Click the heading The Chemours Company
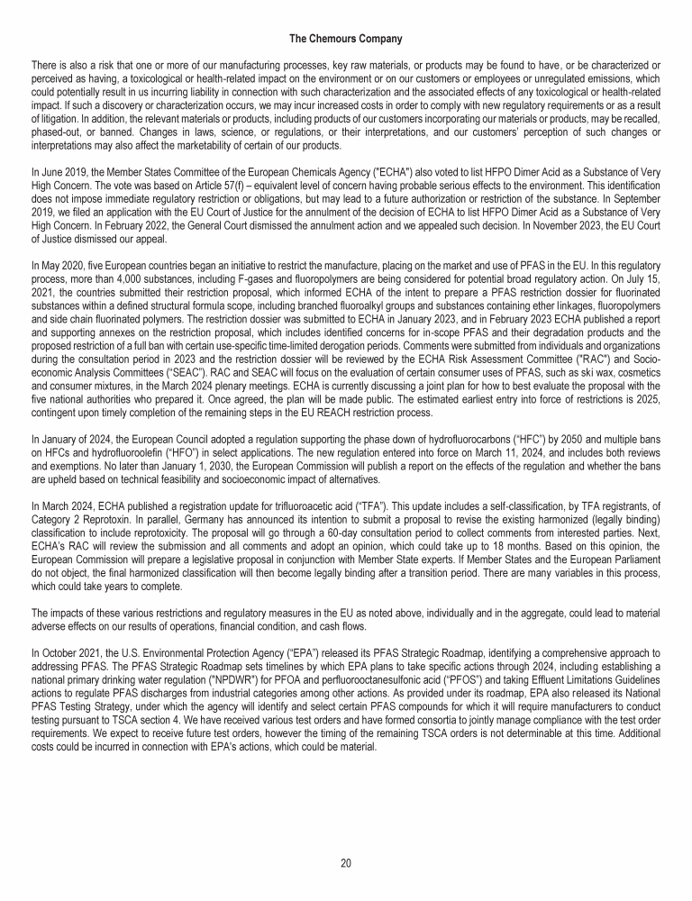click(x=345, y=39)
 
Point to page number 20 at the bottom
click(x=346, y=863)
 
